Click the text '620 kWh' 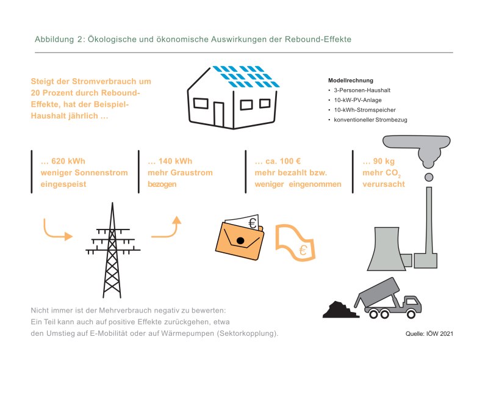68,161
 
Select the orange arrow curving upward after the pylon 167,227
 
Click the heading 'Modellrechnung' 350,81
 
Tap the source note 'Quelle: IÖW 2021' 429,334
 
